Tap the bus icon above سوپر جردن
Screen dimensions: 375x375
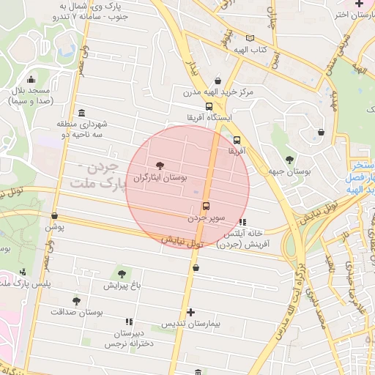point(205,206)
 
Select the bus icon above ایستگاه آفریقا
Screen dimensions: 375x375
point(209,106)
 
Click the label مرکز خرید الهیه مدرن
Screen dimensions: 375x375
point(218,92)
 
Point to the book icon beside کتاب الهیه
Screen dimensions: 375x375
point(250,38)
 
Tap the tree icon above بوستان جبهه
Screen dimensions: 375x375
point(290,159)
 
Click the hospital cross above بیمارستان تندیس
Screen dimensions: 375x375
point(190,312)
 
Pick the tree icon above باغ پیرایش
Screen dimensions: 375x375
point(122,273)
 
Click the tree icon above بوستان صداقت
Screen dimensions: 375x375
point(76,300)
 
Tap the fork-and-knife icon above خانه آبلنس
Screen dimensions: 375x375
point(243,222)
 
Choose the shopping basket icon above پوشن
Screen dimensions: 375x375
point(55,215)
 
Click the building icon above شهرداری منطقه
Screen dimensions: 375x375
point(81,113)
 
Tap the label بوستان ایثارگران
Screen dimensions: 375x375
point(161,178)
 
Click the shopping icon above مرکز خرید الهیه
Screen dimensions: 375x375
point(218,81)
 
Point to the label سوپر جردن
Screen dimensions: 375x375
point(204,218)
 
